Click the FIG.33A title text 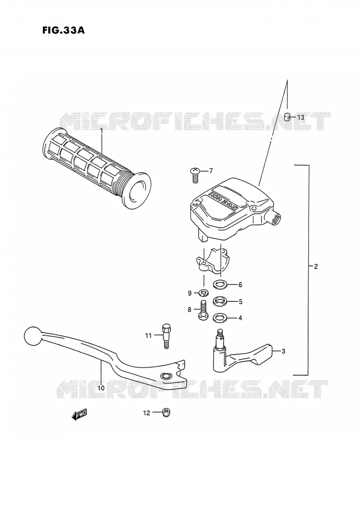(x=64, y=30)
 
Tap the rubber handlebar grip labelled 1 (x=97, y=168)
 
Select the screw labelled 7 (x=195, y=175)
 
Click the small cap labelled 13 (x=287, y=116)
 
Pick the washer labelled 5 (x=220, y=301)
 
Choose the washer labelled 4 (x=220, y=318)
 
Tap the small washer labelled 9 (x=204, y=293)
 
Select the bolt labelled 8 (x=203, y=310)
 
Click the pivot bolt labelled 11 (x=166, y=336)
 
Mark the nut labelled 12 (x=166, y=412)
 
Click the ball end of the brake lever (x=33, y=336)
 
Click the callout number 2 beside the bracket (x=316, y=267)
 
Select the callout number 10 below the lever (x=101, y=388)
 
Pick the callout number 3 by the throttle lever (x=284, y=351)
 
